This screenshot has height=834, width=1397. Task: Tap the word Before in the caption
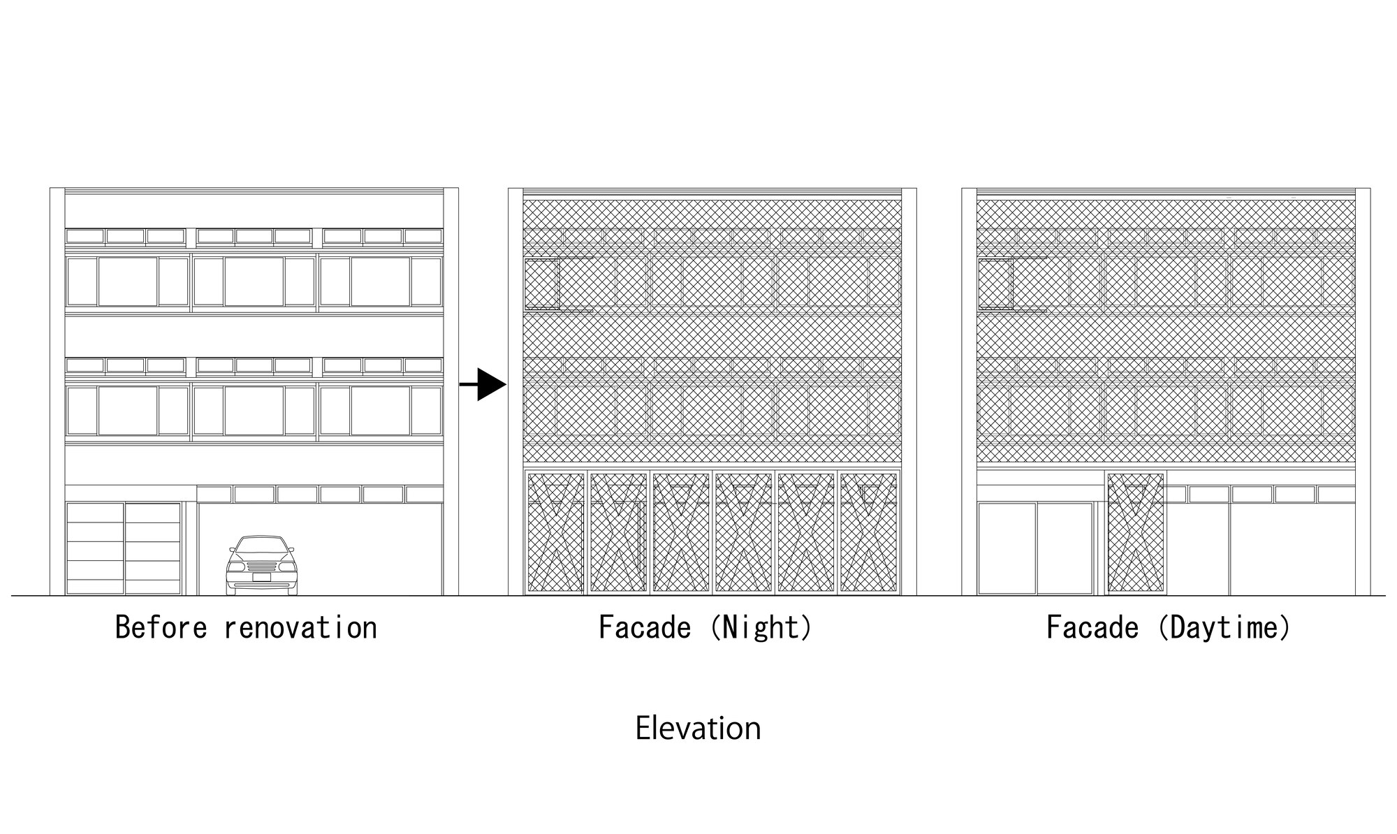[161, 628]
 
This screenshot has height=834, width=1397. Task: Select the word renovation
[300, 628]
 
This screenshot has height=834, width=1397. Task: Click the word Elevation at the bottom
[698, 729]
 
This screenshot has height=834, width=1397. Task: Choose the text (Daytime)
[1223, 628]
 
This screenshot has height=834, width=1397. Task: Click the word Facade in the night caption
[644, 628]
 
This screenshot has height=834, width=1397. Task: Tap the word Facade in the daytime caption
[1092, 628]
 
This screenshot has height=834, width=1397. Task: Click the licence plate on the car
[261, 577]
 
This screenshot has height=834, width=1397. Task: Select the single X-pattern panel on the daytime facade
[1136, 533]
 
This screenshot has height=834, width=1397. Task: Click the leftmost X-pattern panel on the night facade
[556, 533]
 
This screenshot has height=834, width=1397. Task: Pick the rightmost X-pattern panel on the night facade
[868, 533]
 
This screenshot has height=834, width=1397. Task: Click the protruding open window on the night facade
[542, 284]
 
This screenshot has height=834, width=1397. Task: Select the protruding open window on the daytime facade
[995, 284]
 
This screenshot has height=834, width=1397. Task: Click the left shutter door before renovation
[95, 548]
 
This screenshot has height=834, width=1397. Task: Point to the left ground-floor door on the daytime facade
[1006, 548]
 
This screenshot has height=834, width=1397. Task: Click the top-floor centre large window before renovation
[254, 281]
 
